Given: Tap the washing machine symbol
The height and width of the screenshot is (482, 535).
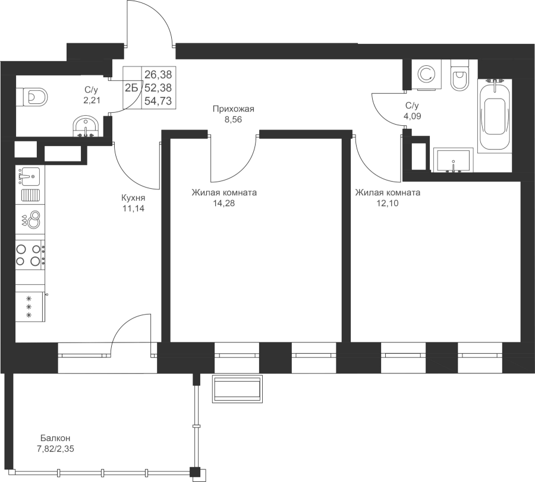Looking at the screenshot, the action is coord(426,75).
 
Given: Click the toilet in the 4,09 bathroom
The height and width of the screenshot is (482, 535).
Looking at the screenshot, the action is coord(460,75).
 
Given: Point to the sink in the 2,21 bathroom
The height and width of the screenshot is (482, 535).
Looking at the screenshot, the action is coord(85,126).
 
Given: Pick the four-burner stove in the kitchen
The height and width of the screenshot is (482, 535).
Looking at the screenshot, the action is coord(30,255).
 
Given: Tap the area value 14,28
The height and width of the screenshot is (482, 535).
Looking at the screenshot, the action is coord(224,204).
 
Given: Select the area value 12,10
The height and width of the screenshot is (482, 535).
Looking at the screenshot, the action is coord(387,204).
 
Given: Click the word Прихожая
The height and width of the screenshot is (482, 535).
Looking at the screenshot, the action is coord(234,109).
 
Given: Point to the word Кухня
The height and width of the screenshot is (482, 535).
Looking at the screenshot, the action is coord(133,198).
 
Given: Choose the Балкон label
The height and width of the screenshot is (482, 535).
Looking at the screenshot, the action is coord(55,437).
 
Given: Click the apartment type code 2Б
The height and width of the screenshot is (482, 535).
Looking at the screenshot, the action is coord(131,88).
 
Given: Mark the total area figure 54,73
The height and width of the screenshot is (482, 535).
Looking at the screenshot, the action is coord(158,101).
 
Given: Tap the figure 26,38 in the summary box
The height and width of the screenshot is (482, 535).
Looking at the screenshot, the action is coord(158,74).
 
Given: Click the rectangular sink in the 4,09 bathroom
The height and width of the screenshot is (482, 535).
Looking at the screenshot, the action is coord(453,160).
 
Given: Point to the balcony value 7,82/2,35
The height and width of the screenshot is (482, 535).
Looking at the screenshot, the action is coord(55,449).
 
